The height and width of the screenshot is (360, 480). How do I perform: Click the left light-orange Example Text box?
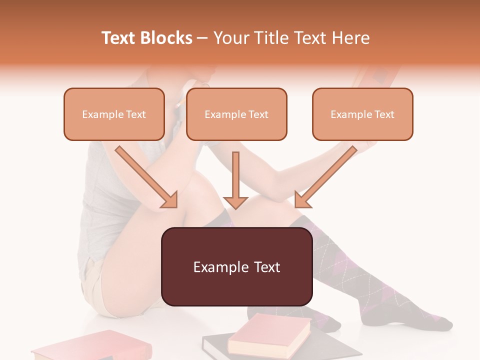[114, 114]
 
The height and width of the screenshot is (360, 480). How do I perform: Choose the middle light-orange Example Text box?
[236, 114]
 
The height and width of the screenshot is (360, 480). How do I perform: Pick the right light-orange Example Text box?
[362, 114]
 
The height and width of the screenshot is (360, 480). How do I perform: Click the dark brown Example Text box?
[236, 266]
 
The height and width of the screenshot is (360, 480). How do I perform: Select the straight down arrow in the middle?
[235, 180]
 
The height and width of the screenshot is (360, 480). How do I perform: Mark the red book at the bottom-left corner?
[75, 349]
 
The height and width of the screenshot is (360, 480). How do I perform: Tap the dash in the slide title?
[202, 38]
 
